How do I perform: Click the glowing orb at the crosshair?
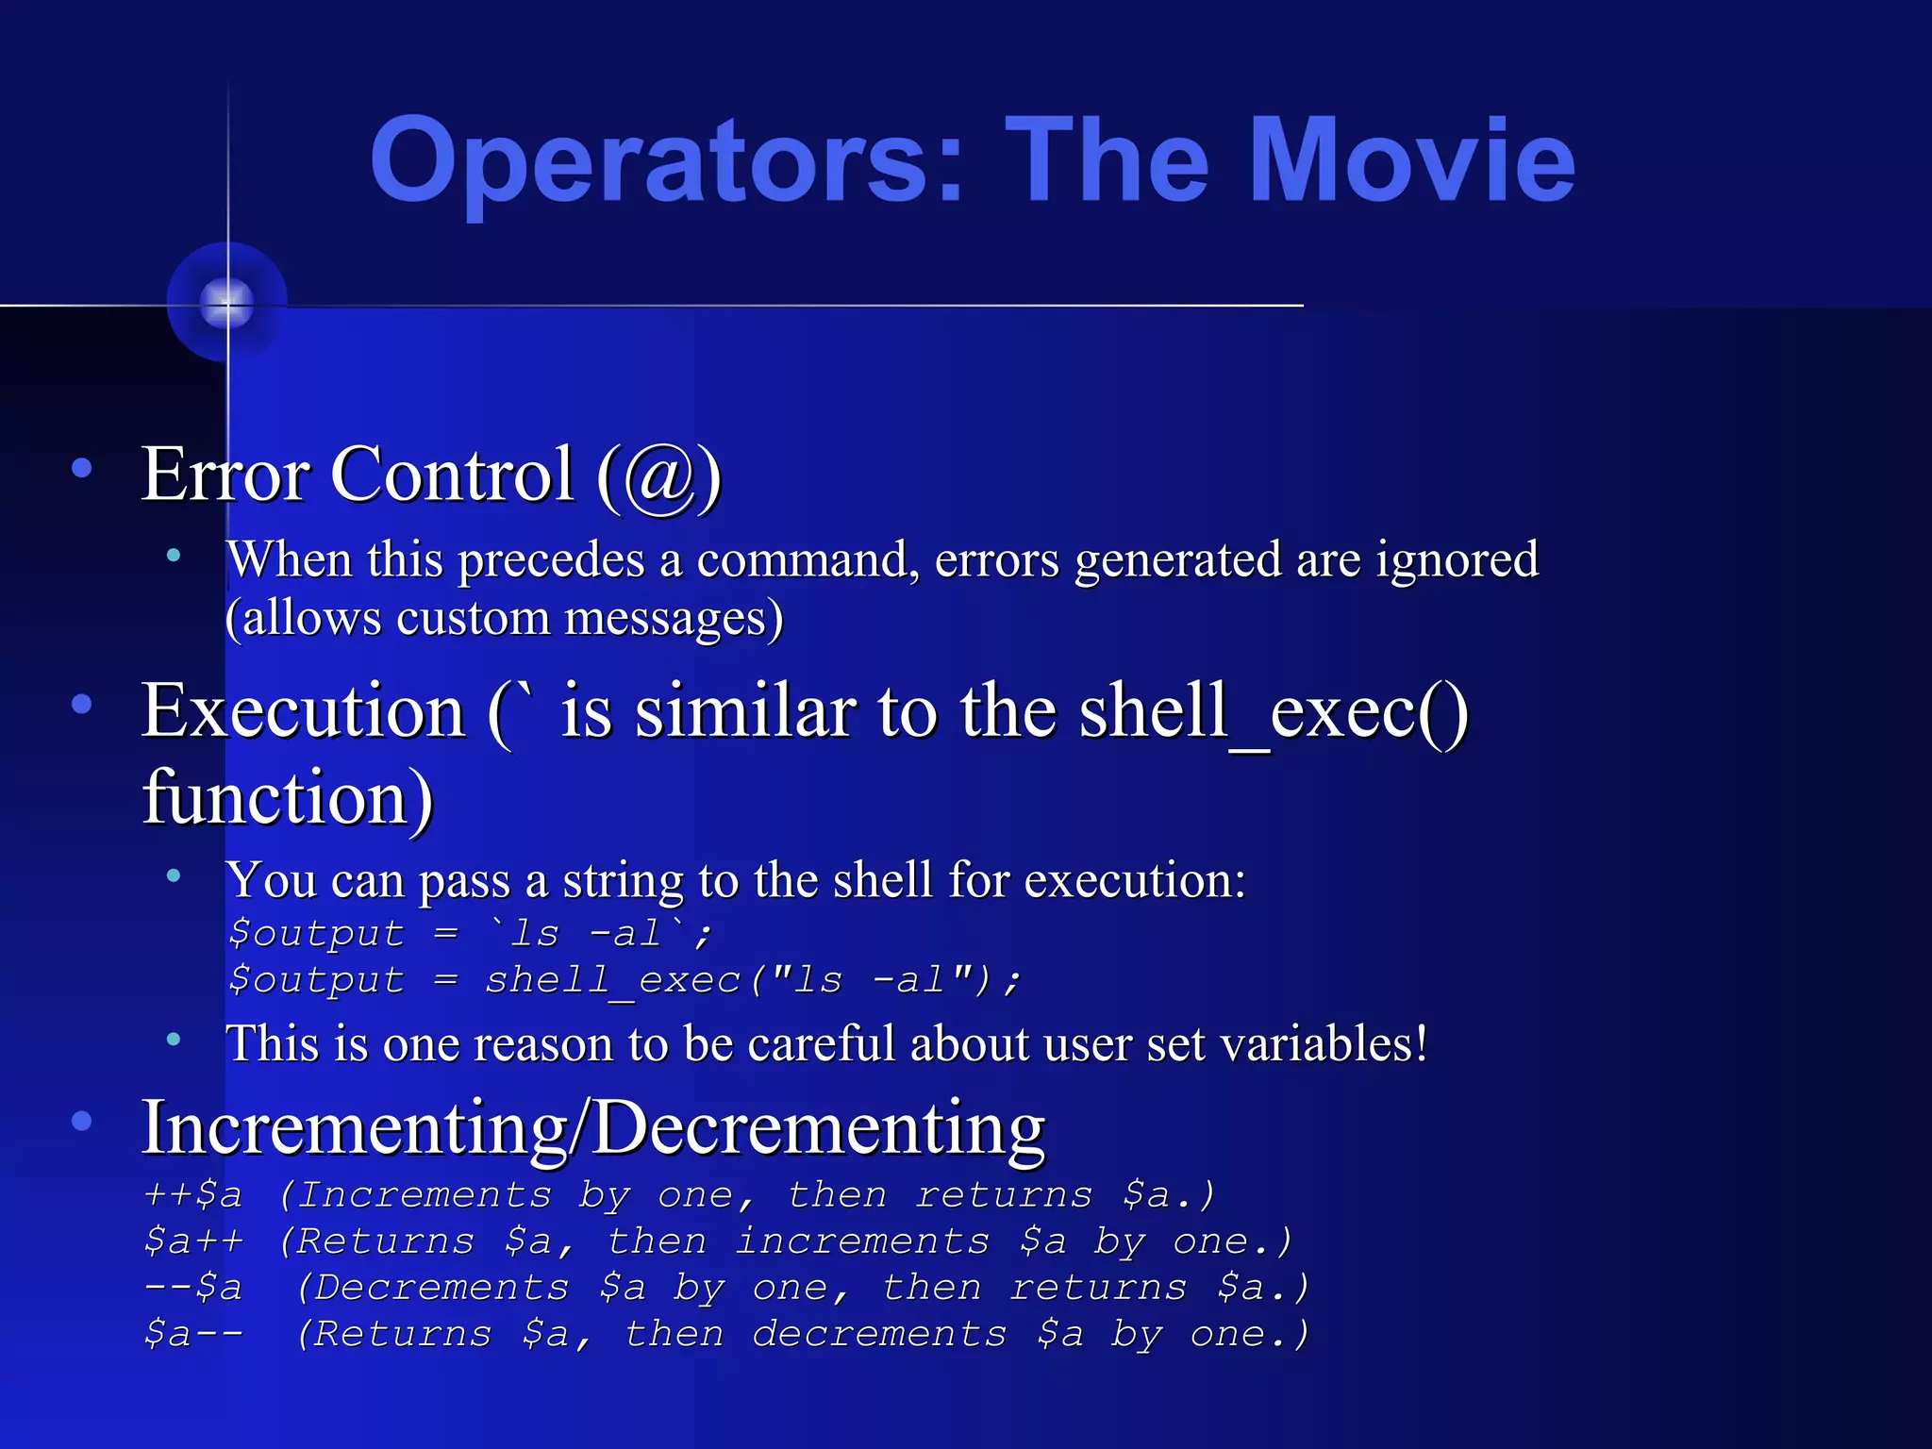(227, 303)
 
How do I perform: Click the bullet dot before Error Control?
(82, 467)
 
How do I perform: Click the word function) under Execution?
(288, 797)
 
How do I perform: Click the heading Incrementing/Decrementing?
(592, 1128)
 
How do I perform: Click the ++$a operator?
(193, 1195)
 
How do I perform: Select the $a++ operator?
(193, 1241)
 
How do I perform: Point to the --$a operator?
(193, 1288)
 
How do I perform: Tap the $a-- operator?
(193, 1334)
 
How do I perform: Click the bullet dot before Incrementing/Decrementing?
(82, 1121)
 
